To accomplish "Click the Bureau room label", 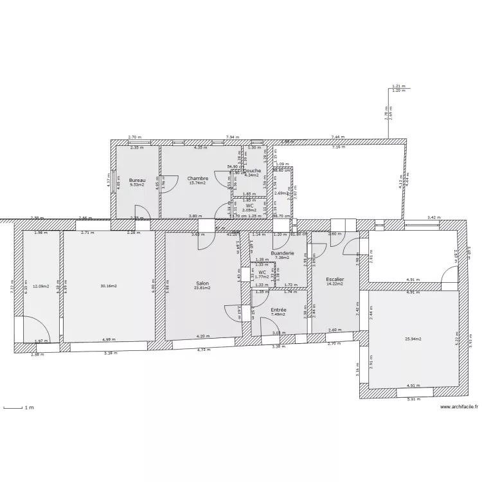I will click(137, 180).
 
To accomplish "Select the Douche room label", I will click(252, 170).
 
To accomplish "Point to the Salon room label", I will click(202, 283).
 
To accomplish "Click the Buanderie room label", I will click(282, 253).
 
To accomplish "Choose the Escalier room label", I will click(335, 280).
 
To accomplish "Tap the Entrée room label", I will click(278, 310).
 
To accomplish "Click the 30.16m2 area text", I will click(109, 285).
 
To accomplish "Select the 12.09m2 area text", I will click(42, 286).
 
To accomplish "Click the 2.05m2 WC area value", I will click(249, 210).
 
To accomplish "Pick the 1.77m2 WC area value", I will click(262, 277).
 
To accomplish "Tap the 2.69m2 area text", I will click(281, 193).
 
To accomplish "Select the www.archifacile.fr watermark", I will click(459, 407).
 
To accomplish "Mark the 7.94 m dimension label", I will click(232, 137).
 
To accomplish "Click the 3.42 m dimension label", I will click(434, 219).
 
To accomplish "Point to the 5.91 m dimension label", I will click(413, 399).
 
